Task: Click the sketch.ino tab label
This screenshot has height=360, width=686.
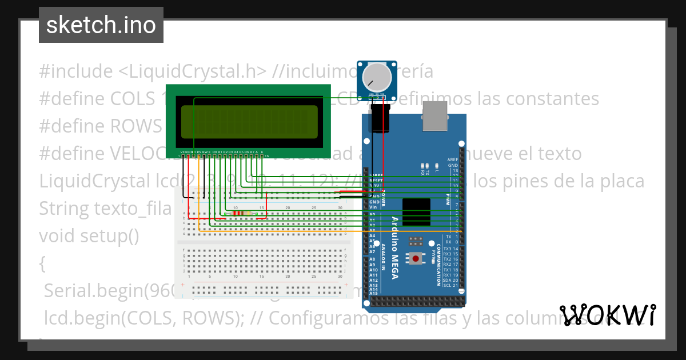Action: pos(101,25)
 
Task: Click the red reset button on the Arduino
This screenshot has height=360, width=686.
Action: pos(416,259)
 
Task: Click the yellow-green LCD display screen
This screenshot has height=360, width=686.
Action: pos(249,122)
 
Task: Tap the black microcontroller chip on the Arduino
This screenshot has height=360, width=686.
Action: pos(416,211)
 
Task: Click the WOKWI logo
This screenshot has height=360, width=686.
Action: pos(608,315)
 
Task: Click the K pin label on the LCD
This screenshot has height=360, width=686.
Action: pos(262,153)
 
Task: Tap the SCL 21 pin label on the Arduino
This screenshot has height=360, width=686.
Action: pos(450,285)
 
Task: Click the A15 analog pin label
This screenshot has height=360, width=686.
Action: pos(373,293)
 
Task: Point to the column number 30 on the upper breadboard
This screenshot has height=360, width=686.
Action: pos(340,207)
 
